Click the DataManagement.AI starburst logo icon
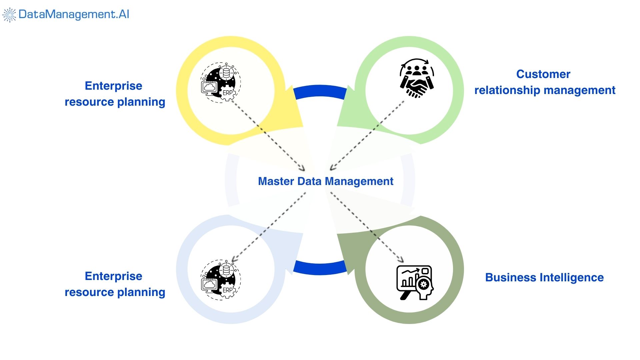[x=9, y=15]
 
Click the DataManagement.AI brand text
[x=74, y=14]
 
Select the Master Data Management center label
[x=325, y=181]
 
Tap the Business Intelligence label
[x=544, y=277]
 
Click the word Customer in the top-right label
[x=543, y=74]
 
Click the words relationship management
[x=545, y=90]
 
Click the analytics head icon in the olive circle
[x=415, y=282]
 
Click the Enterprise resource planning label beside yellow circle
[x=115, y=94]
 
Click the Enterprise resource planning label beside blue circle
[x=115, y=284]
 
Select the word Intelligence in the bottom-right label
[x=571, y=277]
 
